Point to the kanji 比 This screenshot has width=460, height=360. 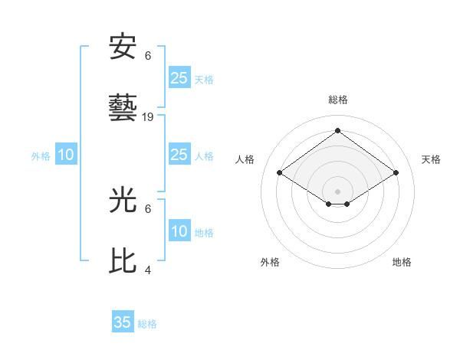pos(123,261)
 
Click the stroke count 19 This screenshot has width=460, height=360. pos(148,117)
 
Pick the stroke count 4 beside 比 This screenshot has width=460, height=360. pos(148,270)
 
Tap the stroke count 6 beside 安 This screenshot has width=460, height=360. pos(148,55)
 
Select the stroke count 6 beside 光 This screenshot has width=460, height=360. pos(148,208)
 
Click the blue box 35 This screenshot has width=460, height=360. pos(123,322)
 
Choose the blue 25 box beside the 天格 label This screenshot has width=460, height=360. pos(179,77)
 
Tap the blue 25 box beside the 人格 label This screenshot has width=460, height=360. pos(179,155)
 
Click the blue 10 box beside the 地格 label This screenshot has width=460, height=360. pos(179,231)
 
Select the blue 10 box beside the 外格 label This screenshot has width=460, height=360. pos(66,155)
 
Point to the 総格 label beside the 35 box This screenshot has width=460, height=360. pos(147,324)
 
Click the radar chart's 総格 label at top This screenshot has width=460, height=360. pos(338,100)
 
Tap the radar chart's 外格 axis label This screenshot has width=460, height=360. pos(270,262)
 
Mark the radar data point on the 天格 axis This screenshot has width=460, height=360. pos(396,173)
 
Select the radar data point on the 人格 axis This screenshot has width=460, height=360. pos(280,173)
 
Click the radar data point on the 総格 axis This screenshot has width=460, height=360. pos(337,131)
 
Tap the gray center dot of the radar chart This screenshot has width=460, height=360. pos(337,191)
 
